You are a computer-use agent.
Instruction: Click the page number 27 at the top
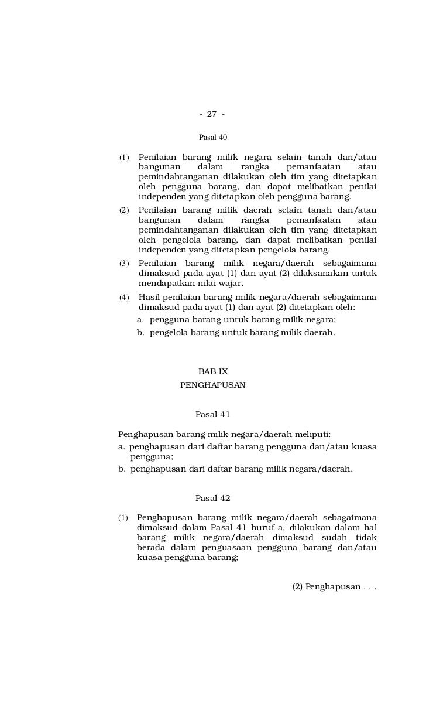point(212,114)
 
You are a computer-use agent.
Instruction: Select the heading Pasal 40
point(213,138)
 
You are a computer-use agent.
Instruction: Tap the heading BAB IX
point(213,371)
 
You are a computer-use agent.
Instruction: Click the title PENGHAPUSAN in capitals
point(213,385)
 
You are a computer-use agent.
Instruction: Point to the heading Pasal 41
point(213,415)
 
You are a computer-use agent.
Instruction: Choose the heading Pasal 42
point(213,499)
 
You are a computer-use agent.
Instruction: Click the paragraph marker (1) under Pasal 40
point(124,158)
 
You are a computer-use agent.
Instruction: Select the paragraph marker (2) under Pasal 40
point(124,210)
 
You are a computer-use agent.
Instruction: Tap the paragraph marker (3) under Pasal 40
point(124,263)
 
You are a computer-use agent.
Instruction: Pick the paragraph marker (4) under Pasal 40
point(124,298)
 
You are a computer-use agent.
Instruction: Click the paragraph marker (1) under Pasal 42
point(123,518)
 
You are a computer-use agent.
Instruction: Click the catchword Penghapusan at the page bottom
point(332,587)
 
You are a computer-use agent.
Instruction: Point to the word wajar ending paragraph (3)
point(230,284)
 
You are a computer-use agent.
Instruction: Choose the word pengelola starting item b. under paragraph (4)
point(170,332)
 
